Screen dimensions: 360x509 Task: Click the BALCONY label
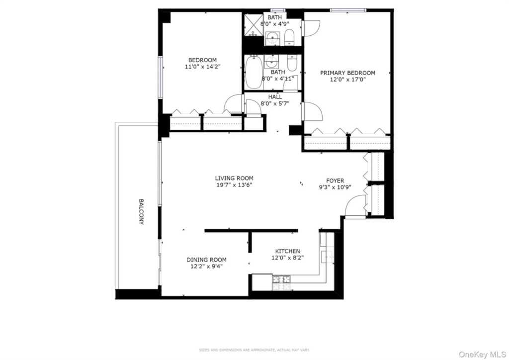click(x=141, y=212)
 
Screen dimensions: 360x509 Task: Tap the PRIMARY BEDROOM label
click(x=347, y=73)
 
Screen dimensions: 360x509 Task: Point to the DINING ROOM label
click(x=206, y=260)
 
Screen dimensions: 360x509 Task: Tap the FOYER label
click(x=335, y=180)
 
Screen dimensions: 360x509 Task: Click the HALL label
click(x=275, y=97)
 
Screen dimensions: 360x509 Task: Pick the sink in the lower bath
click(x=272, y=62)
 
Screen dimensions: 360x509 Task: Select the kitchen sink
click(x=327, y=256)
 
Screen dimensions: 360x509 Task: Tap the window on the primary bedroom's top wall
click(x=348, y=10)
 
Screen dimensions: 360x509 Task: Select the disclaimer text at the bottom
click(x=254, y=350)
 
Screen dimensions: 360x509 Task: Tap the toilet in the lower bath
click(x=292, y=64)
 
